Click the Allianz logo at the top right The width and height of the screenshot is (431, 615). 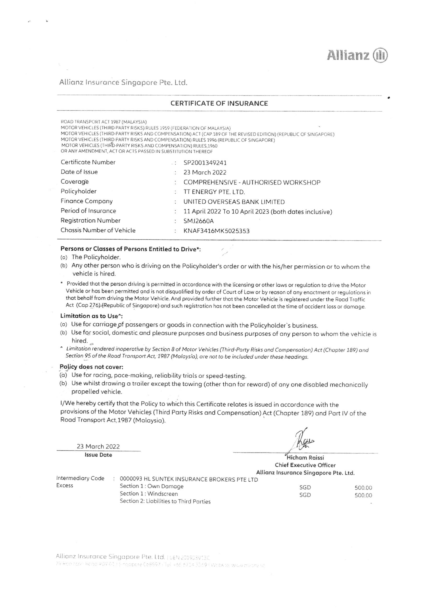(x=357, y=56)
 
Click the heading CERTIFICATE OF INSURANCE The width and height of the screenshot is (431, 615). (x=219, y=103)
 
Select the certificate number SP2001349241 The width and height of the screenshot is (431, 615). (x=205, y=163)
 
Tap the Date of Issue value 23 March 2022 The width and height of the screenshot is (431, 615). (x=205, y=172)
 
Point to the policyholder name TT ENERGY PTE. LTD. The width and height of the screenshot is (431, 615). (x=214, y=192)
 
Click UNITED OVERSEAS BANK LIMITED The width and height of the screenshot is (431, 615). (x=234, y=202)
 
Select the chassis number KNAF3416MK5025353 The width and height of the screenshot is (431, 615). (x=217, y=231)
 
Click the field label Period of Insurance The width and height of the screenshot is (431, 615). (x=88, y=211)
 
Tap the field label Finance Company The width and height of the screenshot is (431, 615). (x=87, y=201)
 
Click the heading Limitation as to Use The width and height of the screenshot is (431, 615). (x=91, y=316)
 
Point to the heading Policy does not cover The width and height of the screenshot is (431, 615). (x=91, y=367)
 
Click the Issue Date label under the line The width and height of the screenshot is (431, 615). (x=98, y=455)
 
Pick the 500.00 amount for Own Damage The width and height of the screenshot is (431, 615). (x=363, y=488)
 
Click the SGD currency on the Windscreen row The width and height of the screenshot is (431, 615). (x=305, y=495)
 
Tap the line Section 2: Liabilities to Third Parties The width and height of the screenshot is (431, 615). (x=165, y=502)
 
